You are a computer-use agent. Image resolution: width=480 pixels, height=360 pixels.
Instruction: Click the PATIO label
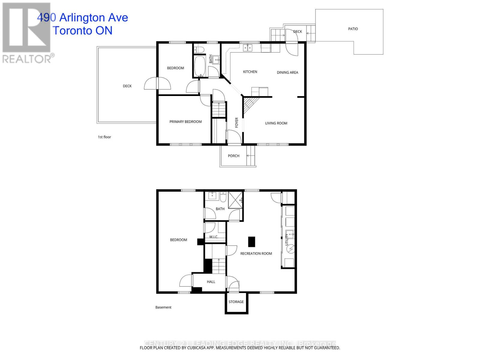353,29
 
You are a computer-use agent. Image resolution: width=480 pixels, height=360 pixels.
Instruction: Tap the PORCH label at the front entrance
233,156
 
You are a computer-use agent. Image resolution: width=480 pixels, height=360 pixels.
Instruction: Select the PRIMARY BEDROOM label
185,121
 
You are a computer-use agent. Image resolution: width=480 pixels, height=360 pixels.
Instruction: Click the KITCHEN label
250,72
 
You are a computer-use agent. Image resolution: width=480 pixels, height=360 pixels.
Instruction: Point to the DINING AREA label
287,72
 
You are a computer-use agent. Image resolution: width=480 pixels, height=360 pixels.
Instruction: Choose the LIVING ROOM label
276,123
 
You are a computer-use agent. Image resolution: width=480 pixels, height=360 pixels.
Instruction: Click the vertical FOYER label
236,122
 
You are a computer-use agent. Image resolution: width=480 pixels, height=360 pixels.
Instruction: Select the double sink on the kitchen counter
247,48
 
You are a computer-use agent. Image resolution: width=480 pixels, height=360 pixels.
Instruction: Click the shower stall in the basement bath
235,199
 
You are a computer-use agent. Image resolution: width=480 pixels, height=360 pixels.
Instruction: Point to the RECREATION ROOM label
256,253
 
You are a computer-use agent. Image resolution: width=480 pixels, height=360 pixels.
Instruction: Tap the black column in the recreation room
251,241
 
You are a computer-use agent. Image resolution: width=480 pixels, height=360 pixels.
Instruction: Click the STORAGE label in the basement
236,302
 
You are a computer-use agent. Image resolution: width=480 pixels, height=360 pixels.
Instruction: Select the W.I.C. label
213,237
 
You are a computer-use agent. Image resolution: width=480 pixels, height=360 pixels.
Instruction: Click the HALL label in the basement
211,282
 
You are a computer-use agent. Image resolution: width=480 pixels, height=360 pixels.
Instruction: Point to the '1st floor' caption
104,137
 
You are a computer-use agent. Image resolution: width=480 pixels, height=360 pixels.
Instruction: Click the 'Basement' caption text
163,307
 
